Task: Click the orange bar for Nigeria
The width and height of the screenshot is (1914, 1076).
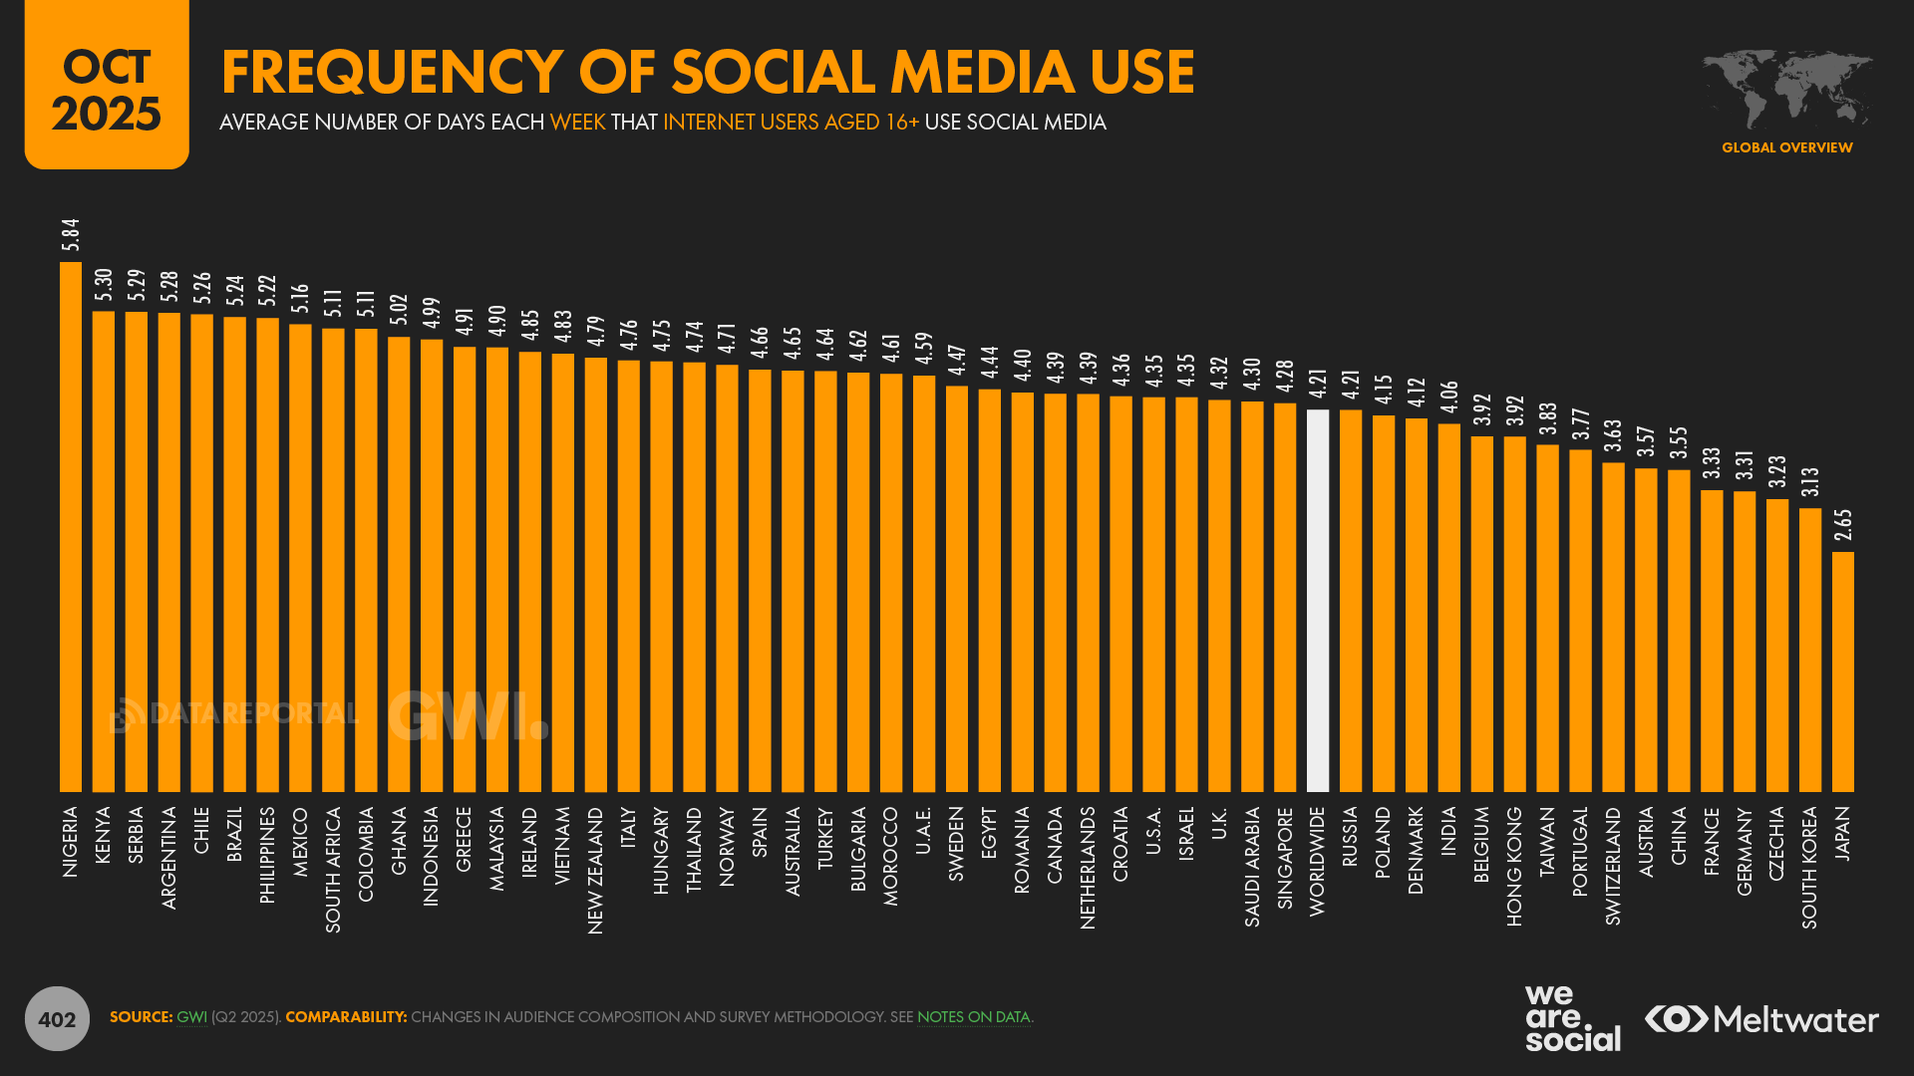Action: pos(71,527)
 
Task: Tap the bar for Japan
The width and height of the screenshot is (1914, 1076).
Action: pos(1843,672)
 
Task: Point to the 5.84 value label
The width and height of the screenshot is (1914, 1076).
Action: pos(71,235)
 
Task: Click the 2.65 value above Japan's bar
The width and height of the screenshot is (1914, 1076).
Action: pos(1843,525)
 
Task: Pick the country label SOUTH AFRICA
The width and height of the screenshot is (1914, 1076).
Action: pos(333,870)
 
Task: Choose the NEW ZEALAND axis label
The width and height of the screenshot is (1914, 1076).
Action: pos(595,870)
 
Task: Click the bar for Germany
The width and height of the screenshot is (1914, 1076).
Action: pos(1745,642)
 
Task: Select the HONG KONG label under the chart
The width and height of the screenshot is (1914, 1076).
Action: pos(1514,866)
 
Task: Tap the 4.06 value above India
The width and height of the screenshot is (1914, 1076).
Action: pos(1449,397)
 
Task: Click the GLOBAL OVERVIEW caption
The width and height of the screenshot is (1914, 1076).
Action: pos(1786,147)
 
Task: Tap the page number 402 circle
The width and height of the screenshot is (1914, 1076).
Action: pos(57,1018)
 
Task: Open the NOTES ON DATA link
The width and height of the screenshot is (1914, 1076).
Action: pos(973,1017)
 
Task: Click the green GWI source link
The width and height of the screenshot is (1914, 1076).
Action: pos(191,1017)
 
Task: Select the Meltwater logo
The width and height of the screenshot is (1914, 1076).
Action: pos(1761,1019)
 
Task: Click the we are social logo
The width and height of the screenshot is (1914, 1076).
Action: pos(1572,1018)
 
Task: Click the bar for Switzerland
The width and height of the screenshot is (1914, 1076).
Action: pos(1613,627)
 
